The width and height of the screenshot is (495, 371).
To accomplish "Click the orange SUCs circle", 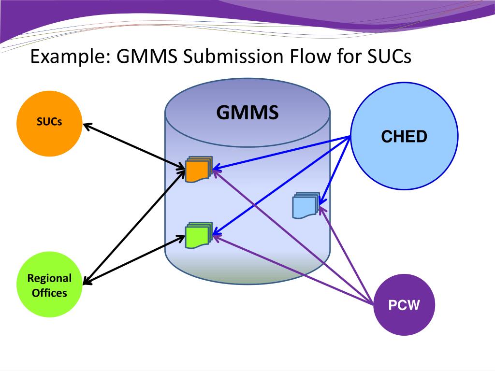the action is (x=49, y=124).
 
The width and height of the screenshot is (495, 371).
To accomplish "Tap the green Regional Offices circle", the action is (x=49, y=284).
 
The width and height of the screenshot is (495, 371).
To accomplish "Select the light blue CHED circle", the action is (x=405, y=136).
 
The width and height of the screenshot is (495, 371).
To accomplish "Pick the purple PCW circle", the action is (x=404, y=305).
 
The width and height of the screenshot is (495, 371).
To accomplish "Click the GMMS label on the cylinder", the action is (x=247, y=112).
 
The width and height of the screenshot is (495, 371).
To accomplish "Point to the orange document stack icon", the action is (x=199, y=169).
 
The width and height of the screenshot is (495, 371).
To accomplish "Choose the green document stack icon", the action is (x=199, y=235).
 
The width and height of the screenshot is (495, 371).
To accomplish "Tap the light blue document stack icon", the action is (x=306, y=205).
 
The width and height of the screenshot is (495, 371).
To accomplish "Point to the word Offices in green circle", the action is (x=49, y=293).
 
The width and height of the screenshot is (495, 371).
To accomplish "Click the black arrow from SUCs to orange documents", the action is (x=134, y=147).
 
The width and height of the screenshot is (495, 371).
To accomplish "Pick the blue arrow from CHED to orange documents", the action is (x=281, y=153).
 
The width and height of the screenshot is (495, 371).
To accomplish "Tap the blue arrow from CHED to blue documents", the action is (x=335, y=171).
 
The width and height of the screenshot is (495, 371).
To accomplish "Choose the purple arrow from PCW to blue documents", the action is (x=346, y=256).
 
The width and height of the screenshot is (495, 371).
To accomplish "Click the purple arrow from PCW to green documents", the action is (x=293, y=271).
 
